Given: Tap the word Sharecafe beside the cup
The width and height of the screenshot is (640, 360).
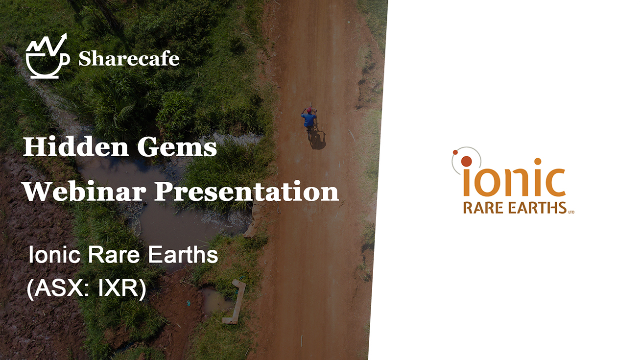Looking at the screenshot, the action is tap(129, 59).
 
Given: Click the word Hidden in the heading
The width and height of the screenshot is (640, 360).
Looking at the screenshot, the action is tap(76, 146).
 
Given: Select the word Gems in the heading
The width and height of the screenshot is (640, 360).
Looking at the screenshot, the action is tap(177, 147).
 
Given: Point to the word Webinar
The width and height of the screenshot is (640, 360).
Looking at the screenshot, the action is tap(85, 191).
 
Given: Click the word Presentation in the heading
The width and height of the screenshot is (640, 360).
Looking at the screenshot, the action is tap(247, 191).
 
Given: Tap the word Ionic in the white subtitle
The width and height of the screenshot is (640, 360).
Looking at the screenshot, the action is tap(54, 255).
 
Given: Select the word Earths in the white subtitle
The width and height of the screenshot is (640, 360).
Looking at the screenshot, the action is tap(183, 255).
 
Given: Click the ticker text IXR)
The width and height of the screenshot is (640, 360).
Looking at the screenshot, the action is tap(122, 288).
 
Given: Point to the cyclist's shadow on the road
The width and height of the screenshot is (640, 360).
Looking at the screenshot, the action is tap(317, 140).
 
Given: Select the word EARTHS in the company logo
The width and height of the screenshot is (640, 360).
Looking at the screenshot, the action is tap(538, 208).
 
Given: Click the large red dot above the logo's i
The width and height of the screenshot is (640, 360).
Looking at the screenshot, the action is tap(466, 162).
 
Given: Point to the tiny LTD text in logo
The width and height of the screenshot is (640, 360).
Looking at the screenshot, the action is tap(571, 212).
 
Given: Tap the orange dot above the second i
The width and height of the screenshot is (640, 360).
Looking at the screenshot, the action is tap(538, 162).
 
